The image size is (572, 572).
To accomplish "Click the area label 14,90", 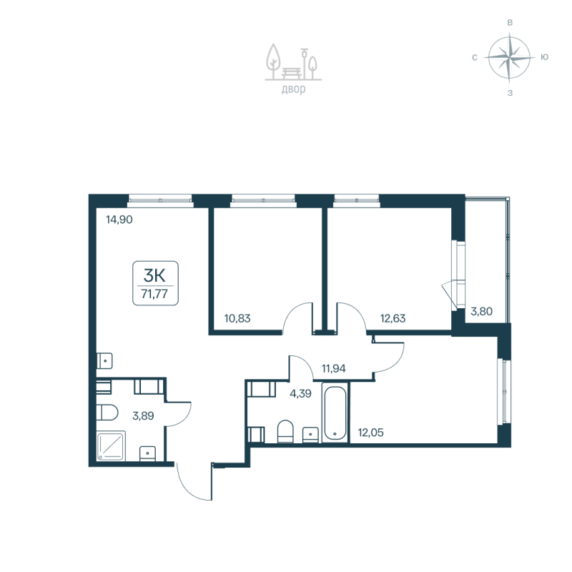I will tap(120, 220).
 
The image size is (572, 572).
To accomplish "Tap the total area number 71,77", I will tap(155, 293).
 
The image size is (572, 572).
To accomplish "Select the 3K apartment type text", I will tap(155, 275).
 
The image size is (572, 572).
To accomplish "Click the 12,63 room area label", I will tap(393, 319).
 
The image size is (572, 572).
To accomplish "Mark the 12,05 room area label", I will tap(371, 432).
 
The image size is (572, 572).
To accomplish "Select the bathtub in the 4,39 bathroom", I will tap(335, 414).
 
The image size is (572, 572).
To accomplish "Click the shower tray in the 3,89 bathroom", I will tap(112, 445).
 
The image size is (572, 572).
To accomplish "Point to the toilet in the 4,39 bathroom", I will tap(285, 431).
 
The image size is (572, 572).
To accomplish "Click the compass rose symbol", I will tap(509, 56).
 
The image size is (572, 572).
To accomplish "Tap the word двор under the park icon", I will tap(293, 89).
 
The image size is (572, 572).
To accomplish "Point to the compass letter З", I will tap(510, 92).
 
